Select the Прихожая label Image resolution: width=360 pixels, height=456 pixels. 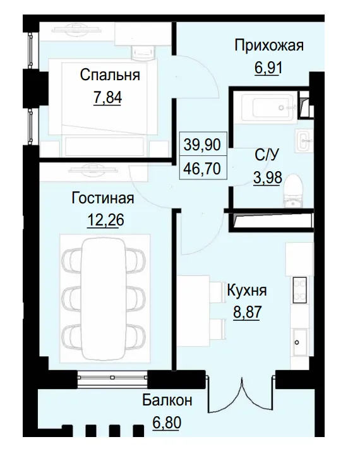coord(269,45)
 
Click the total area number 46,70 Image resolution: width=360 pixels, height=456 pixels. coord(202,167)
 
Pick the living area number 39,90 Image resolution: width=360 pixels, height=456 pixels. coord(202,145)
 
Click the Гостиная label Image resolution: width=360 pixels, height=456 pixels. coord(102,198)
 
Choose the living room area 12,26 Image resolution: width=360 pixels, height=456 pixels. coord(102,220)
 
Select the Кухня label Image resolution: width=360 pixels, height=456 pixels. coord(246,291)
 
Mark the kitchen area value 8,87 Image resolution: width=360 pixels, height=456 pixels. coord(246,313)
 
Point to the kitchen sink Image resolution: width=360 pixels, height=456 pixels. coord(298,342)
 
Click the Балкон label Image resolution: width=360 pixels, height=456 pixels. coord(167,400)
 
